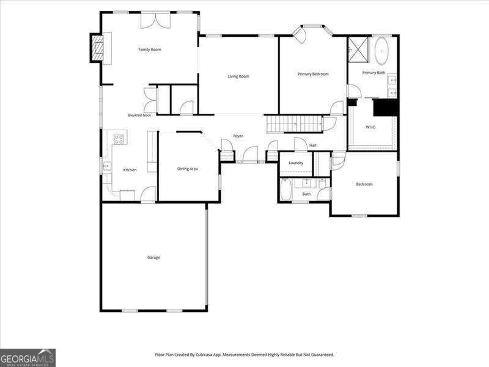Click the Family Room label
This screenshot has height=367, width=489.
pos(150,50)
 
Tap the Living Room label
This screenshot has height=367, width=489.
pos(238,76)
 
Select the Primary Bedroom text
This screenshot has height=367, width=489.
pos(313,74)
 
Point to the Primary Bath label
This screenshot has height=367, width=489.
pos(373,73)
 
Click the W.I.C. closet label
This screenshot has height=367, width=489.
pos(370,127)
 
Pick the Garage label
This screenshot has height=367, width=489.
pos(153,258)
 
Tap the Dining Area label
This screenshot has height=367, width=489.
pos(188,169)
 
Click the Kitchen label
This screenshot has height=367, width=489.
pos(130,170)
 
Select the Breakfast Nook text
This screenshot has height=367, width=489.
pos(139,115)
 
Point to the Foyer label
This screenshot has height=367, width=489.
pos(238,136)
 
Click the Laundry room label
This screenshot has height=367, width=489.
pos(296,163)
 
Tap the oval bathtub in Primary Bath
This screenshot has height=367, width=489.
pos(381,51)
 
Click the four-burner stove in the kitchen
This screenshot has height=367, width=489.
pos(119,139)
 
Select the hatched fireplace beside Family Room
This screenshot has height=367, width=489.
pos(97,48)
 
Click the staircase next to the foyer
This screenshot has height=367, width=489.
pos(295,124)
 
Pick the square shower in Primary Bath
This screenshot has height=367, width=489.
pos(358,50)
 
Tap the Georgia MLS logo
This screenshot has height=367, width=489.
pos(28,358)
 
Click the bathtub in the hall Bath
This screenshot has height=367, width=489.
pos(285,190)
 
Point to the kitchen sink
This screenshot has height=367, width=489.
pos(107,166)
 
